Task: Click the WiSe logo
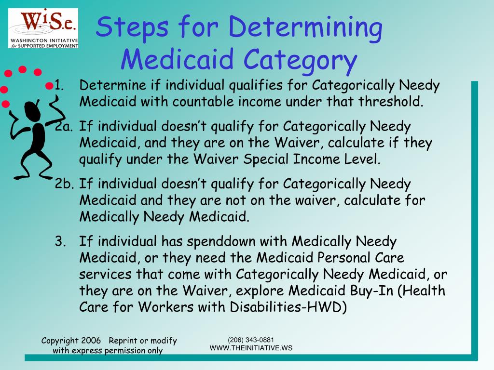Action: pyautogui.click(x=43, y=28)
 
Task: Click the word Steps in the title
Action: pyautogui.click(x=132, y=27)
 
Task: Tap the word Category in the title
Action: pyautogui.click(x=300, y=60)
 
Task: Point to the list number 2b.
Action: pyautogui.click(x=64, y=184)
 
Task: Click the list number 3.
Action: pyautogui.click(x=60, y=241)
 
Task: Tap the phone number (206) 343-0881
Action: pyautogui.click(x=251, y=340)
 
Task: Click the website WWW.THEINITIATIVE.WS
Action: pyautogui.click(x=251, y=348)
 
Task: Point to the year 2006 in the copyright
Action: pyautogui.click(x=91, y=341)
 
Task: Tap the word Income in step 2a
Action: pyautogui.click(x=316, y=159)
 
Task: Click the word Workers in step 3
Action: pyautogui.click(x=165, y=307)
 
